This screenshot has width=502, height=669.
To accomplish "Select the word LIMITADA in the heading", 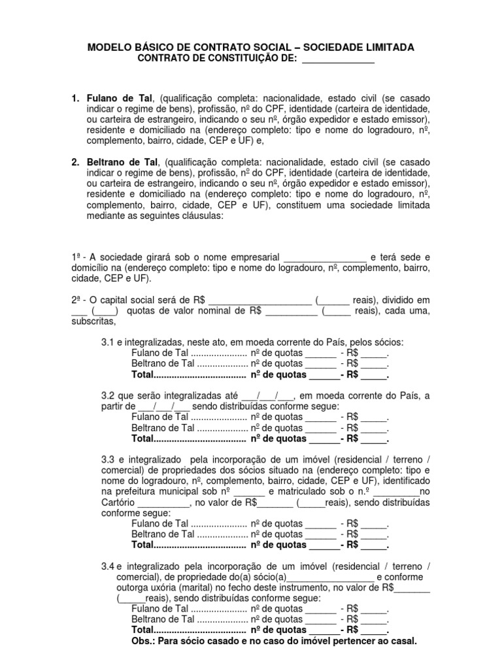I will coord(382,48).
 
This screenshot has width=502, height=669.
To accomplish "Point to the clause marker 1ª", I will coord(77,256).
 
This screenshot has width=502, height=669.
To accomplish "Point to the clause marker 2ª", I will coord(77,299).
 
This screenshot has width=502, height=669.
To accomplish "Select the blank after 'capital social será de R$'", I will coord(259,299).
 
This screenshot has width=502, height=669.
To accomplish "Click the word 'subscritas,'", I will coord(94,321).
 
